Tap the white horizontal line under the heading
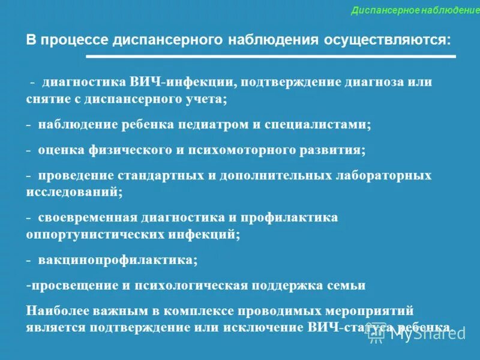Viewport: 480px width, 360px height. pos(271,56)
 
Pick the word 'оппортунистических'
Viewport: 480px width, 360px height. pos(97,234)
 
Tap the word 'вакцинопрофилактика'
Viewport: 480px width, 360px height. pos(116,260)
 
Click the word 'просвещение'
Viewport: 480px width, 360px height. pos(72,285)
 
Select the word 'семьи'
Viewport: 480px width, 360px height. pos(344,285)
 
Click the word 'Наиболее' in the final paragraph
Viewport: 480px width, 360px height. pos(57,311)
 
